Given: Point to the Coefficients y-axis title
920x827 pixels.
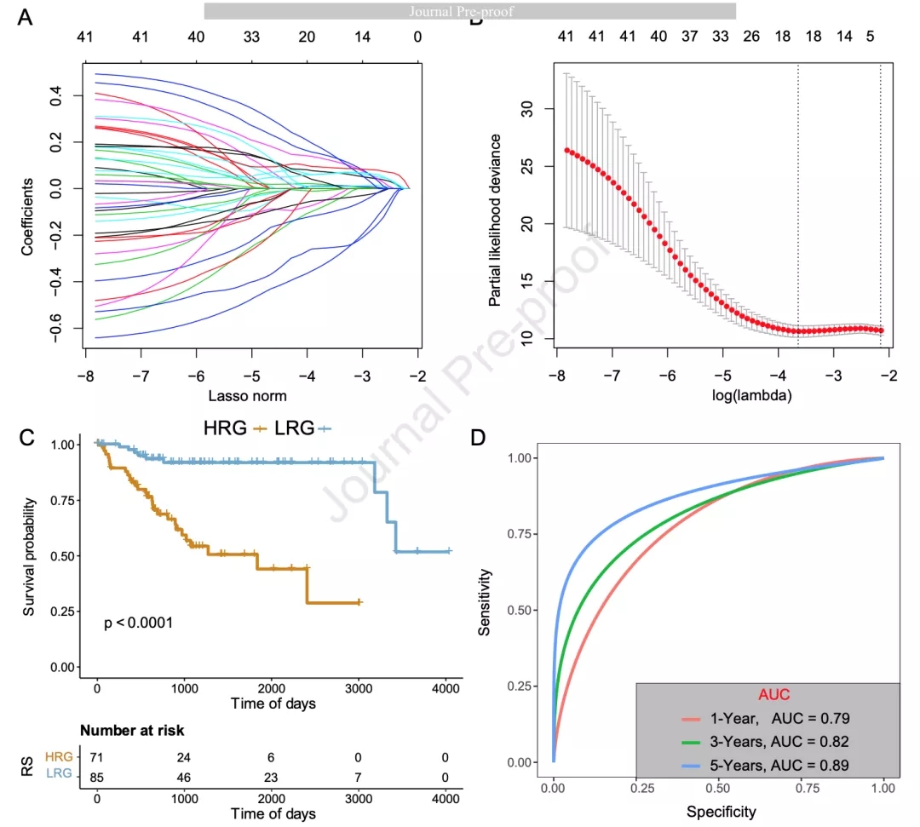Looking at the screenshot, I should click(28, 216).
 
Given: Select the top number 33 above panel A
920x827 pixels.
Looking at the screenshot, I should click(252, 37).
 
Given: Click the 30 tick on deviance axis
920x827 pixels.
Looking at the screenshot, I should click(526, 108).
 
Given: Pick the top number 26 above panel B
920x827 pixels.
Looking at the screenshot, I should click(751, 37).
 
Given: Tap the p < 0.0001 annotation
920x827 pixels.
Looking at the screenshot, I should click(139, 623).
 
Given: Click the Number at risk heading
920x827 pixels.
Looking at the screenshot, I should click(132, 730).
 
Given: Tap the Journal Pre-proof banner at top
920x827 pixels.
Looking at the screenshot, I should click(470, 11).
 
